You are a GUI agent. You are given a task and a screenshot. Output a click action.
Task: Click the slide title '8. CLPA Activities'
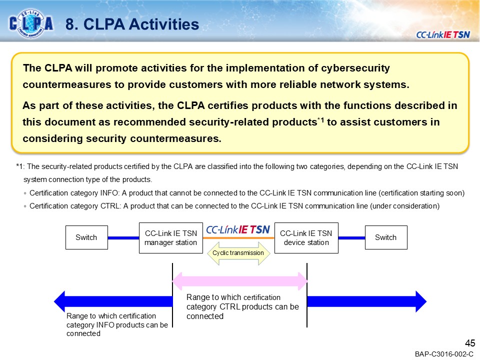click(132, 24)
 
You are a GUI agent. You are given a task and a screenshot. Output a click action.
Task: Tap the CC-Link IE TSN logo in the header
click(443, 34)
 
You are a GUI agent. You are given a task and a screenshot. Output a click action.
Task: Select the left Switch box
click(86, 237)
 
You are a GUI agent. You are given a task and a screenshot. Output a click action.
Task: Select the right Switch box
click(385, 237)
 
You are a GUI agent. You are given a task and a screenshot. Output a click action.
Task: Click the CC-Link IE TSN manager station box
click(170, 237)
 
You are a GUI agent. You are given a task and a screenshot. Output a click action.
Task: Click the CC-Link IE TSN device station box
click(306, 237)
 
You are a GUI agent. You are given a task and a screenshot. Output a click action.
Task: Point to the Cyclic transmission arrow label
click(238, 253)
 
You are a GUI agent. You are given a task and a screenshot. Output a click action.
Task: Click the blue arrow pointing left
click(112, 301)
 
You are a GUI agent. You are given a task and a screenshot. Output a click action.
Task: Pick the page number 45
click(469, 343)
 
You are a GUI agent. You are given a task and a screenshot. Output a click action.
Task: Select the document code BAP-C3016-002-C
click(444, 354)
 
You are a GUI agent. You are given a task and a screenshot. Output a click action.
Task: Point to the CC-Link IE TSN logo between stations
click(238, 229)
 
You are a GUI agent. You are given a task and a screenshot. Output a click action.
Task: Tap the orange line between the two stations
click(238, 238)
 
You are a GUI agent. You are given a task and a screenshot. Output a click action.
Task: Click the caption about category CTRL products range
click(242, 306)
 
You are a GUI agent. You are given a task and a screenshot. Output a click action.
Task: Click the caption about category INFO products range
click(117, 324)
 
